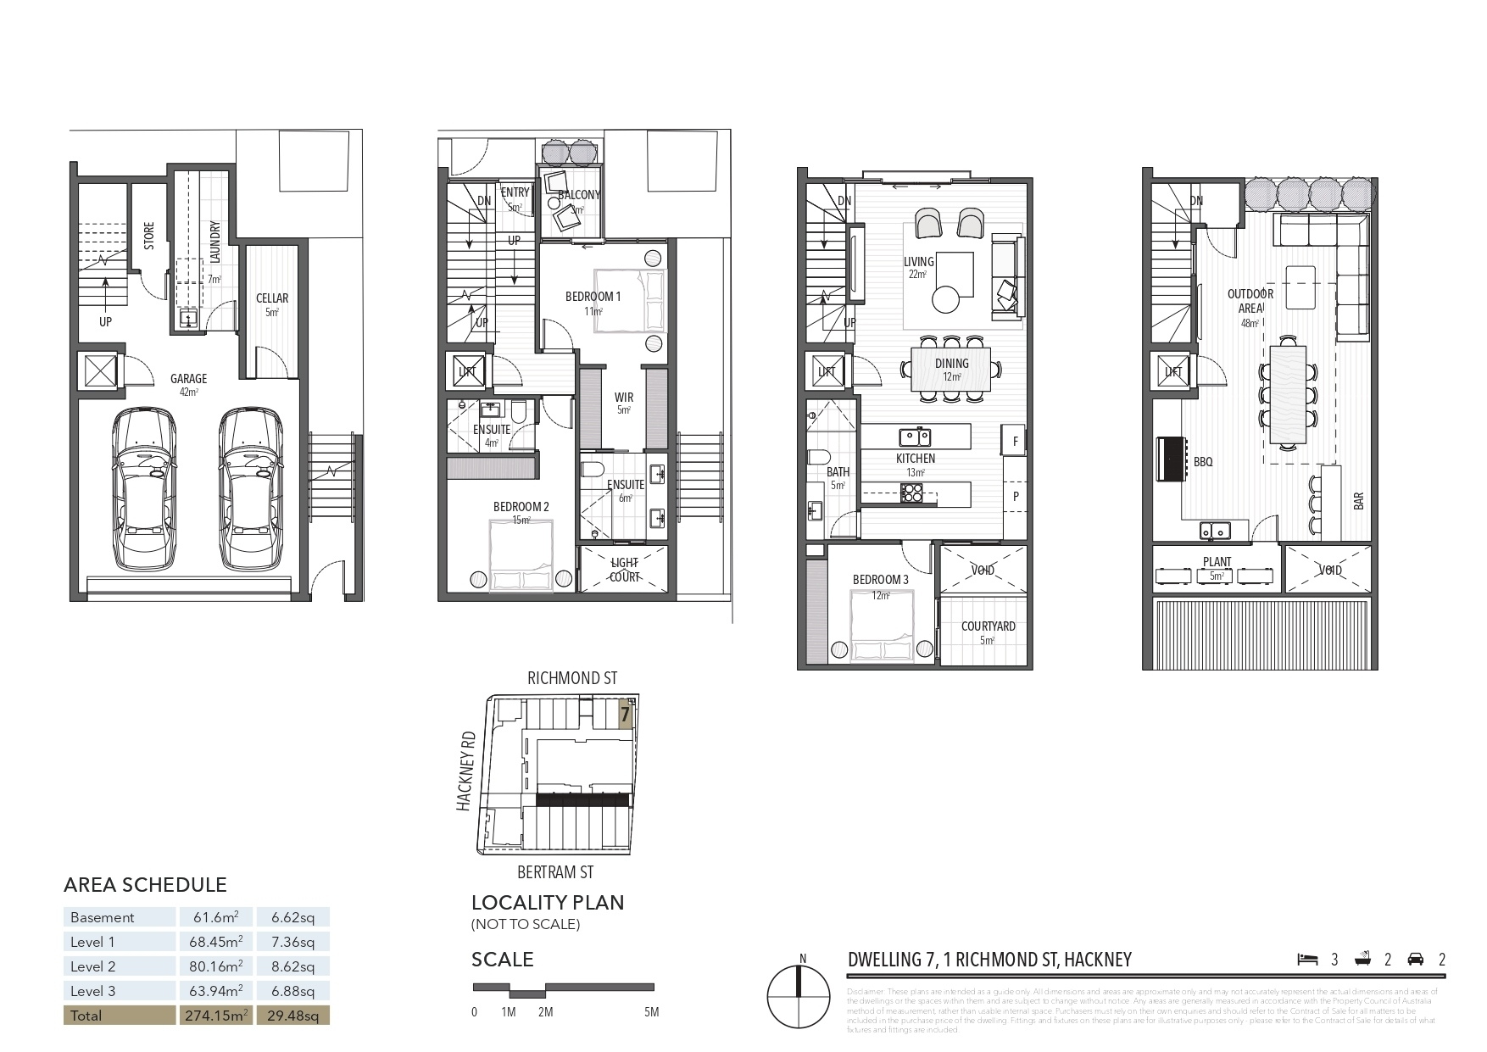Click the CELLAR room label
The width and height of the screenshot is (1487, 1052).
[272, 298]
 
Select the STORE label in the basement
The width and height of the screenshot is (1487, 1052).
[149, 235]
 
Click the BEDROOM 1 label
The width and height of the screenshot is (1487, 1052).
[593, 297]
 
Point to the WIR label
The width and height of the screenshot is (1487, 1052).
[624, 397]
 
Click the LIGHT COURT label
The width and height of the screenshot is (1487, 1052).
[625, 569]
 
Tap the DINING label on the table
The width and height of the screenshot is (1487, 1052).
[951, 364]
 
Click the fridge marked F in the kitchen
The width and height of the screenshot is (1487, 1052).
[1015, 442]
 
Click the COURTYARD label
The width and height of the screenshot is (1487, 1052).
[988, 626]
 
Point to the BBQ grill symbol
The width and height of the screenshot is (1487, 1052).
[1171, 460]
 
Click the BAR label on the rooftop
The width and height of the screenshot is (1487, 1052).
[1359, 501]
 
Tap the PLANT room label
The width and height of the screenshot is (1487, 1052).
[1217, 562]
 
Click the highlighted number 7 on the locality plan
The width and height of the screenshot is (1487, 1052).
[625, 715]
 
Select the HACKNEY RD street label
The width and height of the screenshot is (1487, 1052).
[465, 771]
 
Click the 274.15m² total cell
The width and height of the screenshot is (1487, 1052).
[216, 1015]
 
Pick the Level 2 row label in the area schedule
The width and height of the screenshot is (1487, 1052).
[92, 966]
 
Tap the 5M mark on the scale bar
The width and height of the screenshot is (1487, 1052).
[651, 1012]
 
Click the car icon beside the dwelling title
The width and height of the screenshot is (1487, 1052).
[1415, 960]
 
